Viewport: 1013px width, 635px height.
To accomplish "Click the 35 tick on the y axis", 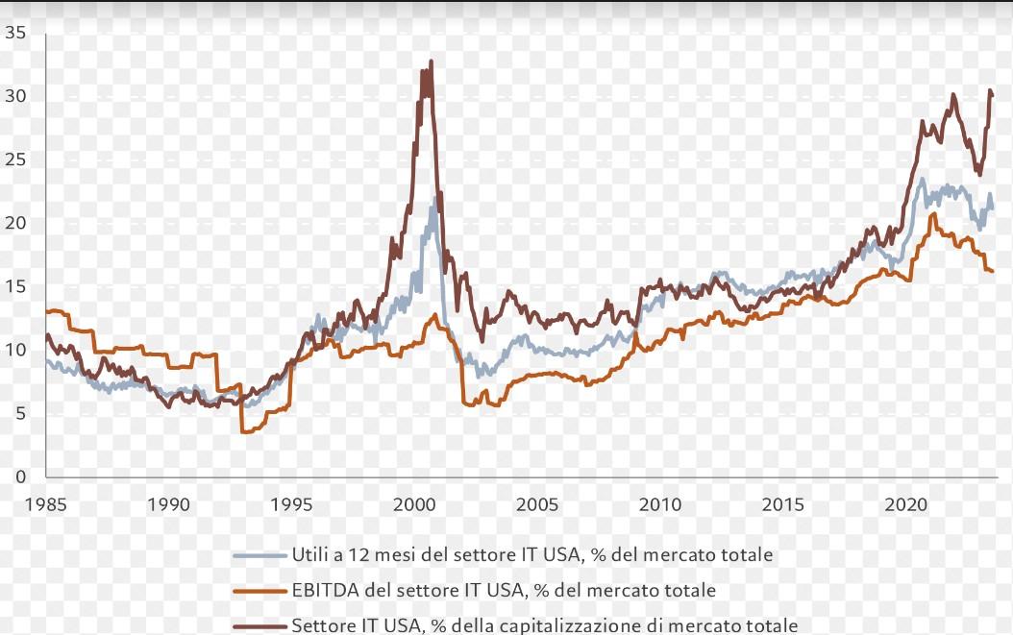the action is (14, 33).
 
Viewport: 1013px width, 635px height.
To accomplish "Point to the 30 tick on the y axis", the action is (14, 96).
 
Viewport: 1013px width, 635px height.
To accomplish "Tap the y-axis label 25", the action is (14, 159).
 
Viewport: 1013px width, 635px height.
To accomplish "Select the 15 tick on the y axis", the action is (14, 286).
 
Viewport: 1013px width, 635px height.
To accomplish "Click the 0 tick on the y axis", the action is (21, 476).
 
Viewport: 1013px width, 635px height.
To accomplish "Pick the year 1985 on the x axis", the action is (46, 503).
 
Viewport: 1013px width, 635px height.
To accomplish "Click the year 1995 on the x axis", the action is (291, 503).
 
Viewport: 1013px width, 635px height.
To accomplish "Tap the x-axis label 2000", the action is (414, 503).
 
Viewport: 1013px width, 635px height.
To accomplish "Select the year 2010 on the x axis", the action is (660, 503).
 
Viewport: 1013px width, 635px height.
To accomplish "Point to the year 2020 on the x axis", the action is (905, 503).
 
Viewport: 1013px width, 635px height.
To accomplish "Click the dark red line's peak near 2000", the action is (431, 61).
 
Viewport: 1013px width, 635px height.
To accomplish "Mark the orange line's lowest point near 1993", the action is (243, 431).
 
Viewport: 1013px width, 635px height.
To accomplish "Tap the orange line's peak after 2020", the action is (932, 214).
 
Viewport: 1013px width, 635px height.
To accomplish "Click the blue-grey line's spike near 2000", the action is (433, 199).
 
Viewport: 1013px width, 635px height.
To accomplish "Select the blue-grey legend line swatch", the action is (259, 555).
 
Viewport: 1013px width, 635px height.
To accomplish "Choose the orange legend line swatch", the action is (259, 591).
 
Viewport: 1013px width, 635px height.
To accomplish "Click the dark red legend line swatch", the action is (259, 625).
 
